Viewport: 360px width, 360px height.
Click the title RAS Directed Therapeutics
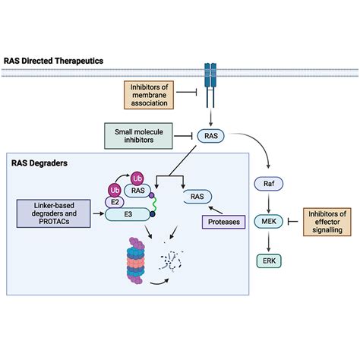click(x=53, y=61)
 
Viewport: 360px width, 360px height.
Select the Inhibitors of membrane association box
click(x=149, y=95)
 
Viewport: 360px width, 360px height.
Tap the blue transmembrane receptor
click(x=210, y=86)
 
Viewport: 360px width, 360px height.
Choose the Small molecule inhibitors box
click(x=138, y=136)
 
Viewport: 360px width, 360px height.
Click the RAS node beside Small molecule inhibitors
click(x=211, y=136)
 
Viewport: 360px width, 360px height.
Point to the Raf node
click(x=269, y=184)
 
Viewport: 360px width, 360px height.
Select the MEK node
click(x=269, y=222)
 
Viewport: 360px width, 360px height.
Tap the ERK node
click(x=269, y=261)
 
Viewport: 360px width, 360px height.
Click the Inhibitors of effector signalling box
click(x=327, y=222)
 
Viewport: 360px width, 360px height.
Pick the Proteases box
click(x=224, y=222)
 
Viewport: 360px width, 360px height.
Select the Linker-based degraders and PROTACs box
click(x=54, y=213)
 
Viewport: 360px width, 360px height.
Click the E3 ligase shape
click(x=128, y=214)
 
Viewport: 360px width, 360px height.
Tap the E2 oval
click(x=115, y=202)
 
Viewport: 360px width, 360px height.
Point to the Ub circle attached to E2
click(x=115, y=191)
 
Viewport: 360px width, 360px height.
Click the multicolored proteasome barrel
click(x=136, y=261)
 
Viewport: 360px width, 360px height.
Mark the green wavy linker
click(x=154, y=204)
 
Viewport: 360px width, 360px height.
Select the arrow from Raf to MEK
click(x=269, y=202)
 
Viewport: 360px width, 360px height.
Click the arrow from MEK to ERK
click(x=269, y=242)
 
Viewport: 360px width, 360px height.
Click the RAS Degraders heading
click(x=39, y=163)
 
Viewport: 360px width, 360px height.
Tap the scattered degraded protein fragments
click(x=171, y=260)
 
